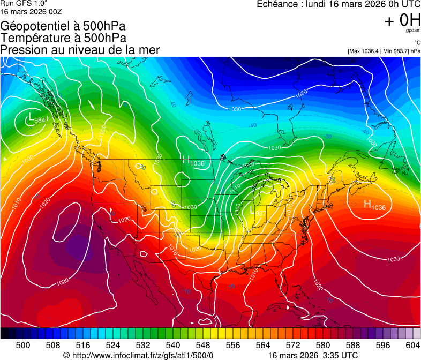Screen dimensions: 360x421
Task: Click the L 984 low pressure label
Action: pyautogui.click(x=35, y=119)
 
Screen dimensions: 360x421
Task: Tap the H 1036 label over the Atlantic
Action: pyautogui.click(x=374, y=205)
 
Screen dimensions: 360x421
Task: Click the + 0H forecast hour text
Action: pyautogui.click(x=402, y=20)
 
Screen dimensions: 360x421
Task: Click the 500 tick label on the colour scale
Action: pyautogui.click(x=23, y=346)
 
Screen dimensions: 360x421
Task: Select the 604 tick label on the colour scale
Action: pyautogui.click(x=413, y=346)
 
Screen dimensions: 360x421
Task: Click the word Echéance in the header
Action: pyautogui.click(x=277, y=4)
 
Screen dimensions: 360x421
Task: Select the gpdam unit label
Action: pyautogui.click(x=413, y=31)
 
